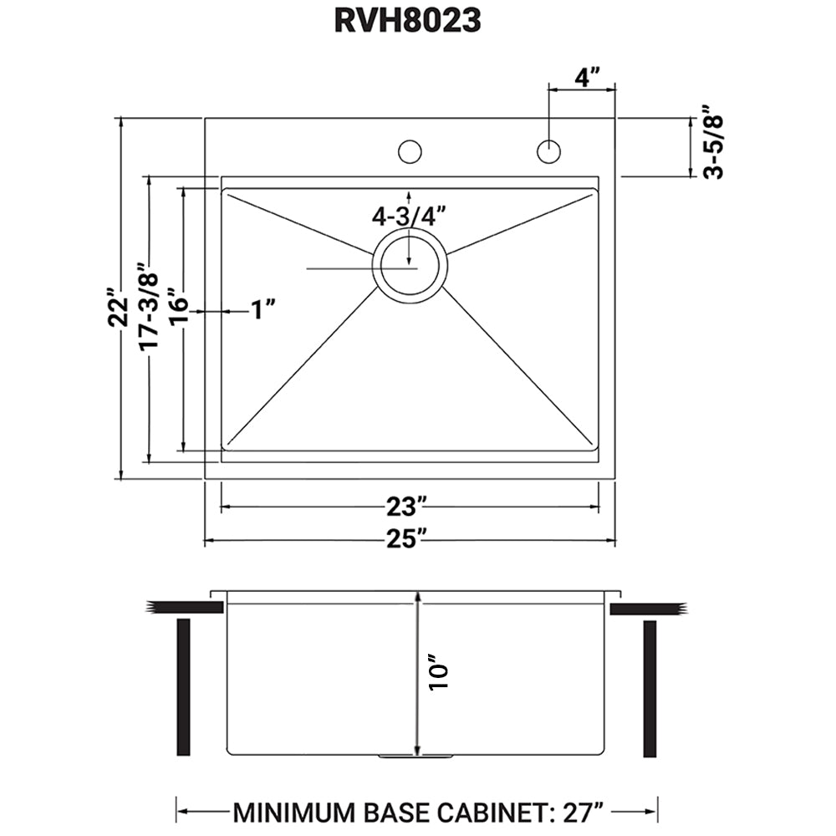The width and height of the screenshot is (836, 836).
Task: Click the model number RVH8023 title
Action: pyautogui.click(x=407, y=21)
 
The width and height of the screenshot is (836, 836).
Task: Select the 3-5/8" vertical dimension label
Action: pyautogui.click(x=713, y=143)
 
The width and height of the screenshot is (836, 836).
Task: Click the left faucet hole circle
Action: pyautogui.click(x=410, y=152)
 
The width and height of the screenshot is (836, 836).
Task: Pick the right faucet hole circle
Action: pyautogui.click(x=548, y=152)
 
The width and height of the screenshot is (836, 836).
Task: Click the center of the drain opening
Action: pyautogui.click(x=410, y=268)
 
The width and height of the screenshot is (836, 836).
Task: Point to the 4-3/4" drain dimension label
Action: pyautogui.click(x=407, y=217)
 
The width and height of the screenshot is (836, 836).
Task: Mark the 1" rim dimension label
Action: pyautogui.click(x=263, y=310)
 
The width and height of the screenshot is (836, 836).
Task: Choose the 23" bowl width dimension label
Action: pyautogui.click(x=407, y=506)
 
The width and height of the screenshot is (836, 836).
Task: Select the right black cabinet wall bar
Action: pyautogui.click(x=650, y=686)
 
